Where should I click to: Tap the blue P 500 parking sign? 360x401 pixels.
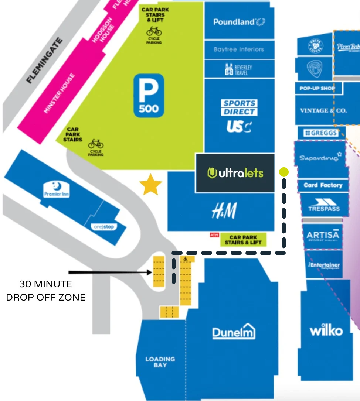[x=149, y=96]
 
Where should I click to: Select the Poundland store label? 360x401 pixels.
[x=239, y=22]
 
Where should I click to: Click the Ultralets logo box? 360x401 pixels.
[x=235, y=173]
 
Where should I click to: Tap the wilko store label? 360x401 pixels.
[x=326, y=330]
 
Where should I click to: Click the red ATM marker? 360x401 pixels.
[x=214, y=235]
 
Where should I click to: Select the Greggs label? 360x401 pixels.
[x=321, y=133]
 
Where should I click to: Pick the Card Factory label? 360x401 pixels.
[x=323, y=185]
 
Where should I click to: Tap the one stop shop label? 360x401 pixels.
[x=103, y=227]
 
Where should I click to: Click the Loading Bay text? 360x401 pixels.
[x=160, y=362]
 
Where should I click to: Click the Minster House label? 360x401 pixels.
[x=60, y=94]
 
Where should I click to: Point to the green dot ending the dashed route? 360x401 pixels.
[x=284, y=172]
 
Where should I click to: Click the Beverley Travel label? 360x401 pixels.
[x=239, y=69]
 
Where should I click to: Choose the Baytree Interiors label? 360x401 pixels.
[x=239, y=49]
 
